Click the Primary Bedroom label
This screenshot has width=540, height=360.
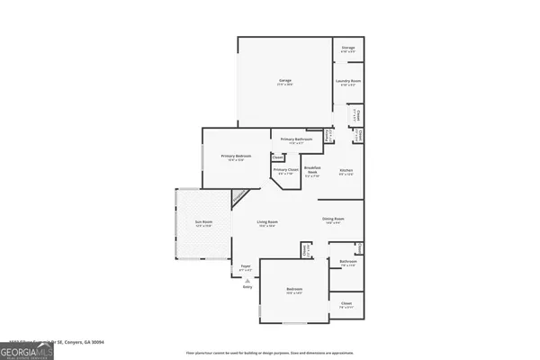[x=236, y=157]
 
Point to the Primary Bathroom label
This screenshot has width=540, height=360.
[x=296, y=140]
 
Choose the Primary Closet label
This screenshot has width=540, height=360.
[x=286, y=171]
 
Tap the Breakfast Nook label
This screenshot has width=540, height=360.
[x=313, y=173]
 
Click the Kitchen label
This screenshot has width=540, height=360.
[x=346, y=172]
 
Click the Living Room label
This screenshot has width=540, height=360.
[x=267, y=223]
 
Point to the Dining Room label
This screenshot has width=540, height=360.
[x=333, y=220]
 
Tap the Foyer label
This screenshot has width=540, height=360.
[x=245, y=267]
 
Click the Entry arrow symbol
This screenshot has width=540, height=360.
[x=247, y=281]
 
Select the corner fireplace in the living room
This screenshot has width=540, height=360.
[x=239, y=197]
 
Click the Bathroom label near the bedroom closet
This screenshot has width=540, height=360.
[x=346, y=263]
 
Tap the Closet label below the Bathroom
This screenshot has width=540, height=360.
[x=346, y=305]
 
